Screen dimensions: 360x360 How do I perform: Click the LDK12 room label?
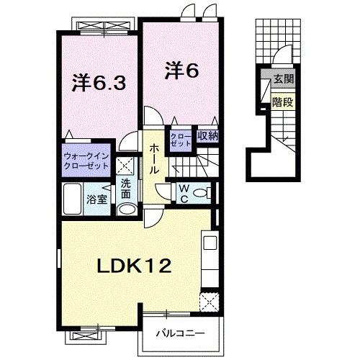point(134,267)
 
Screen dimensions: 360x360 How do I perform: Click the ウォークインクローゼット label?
point(86,160)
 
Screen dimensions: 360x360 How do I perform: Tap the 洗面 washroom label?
point(125,189)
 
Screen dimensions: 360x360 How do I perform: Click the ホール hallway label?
point(155,158)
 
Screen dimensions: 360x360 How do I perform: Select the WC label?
point(184,193)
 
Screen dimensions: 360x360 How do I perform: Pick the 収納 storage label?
point(207,135)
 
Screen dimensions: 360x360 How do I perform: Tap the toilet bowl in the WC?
point(204,192)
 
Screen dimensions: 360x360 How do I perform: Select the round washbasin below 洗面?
point(126,208)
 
